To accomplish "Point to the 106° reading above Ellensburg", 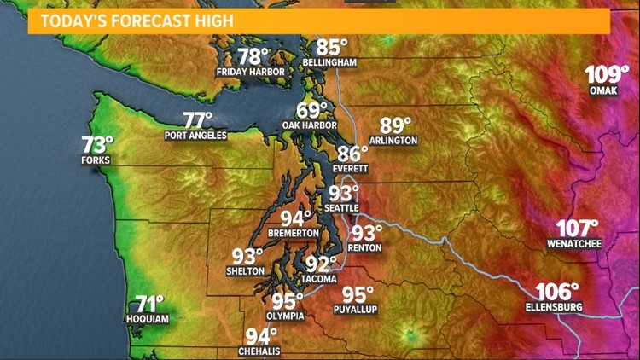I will pos(558,292).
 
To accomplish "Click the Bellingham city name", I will pos(329,62).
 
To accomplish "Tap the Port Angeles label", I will pos(195,136).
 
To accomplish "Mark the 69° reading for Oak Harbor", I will pos(312,111).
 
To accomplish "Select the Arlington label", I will pos(393,140).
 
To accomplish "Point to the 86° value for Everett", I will pos(352,154).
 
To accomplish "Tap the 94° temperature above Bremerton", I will pos(296,218).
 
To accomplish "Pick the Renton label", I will pos(366,247).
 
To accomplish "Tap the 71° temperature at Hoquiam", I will pos(149,305).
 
